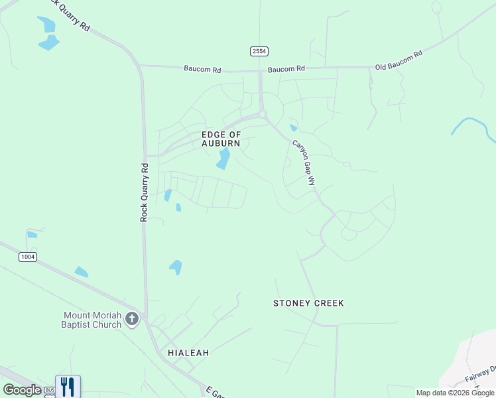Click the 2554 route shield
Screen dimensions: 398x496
point(259,51)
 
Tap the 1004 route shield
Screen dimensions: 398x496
point(28,257)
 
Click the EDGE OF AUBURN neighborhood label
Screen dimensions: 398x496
point(221,139)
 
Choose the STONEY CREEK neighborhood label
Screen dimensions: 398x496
point(309,303)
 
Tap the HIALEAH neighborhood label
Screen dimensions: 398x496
point(188,353)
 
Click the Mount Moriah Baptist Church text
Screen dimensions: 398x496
point(92,320)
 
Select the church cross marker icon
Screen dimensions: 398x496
point(132,320)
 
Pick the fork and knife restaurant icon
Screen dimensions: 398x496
point(68,386)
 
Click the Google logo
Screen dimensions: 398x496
point(22,390)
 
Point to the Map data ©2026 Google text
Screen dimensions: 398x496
point(455,393)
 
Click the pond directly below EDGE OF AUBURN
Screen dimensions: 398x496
point(224,159)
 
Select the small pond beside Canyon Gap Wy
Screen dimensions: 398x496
point(293,127)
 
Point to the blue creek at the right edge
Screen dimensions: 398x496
point(473,125)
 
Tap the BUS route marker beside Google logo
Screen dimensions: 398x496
point(49,391)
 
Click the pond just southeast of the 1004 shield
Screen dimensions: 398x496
point(81,271)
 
